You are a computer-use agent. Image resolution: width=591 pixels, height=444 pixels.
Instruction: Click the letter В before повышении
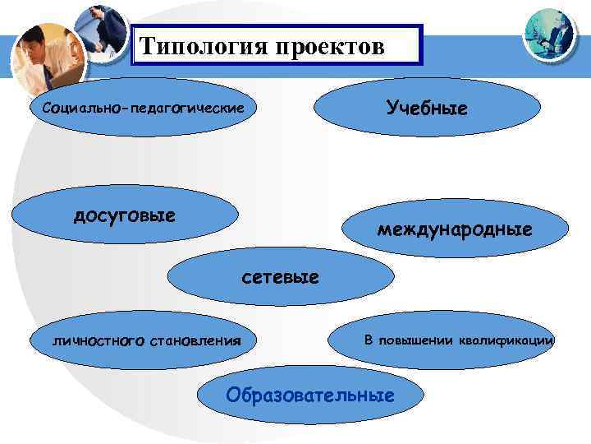point(369,340)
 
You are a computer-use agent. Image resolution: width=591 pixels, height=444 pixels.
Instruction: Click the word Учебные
point(424,109)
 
